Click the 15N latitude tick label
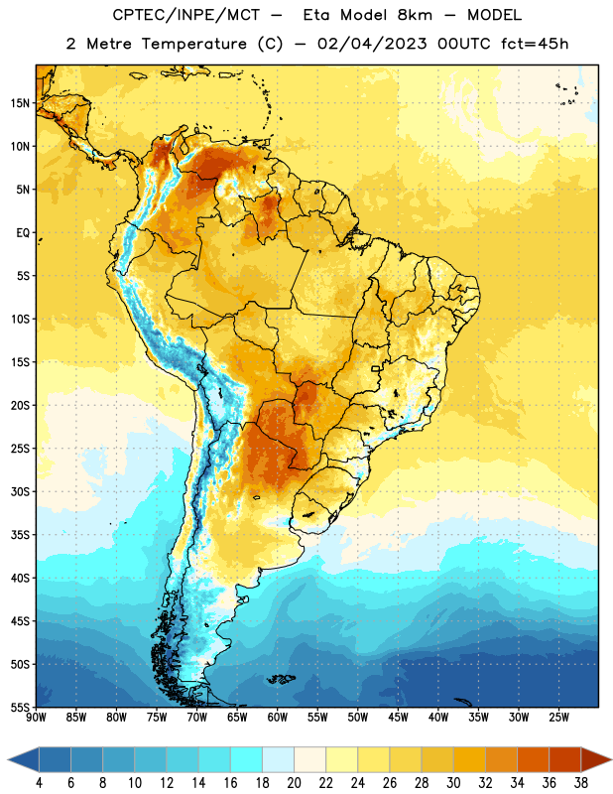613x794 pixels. [20, 103]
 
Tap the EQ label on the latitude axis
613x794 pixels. [23, 233]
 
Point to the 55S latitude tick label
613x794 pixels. [20, 707]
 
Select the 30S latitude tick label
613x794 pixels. [20, 491]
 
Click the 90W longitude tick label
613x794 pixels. [37, 717]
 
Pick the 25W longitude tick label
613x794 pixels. [558, 717]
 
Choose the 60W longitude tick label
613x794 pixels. [278, 717]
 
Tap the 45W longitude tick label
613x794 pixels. [398, 717]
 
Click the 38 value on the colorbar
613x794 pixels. [580, 783]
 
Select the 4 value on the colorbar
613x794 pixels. [39, 783]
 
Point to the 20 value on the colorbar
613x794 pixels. [294, 783]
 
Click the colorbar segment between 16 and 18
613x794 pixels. [246, 760]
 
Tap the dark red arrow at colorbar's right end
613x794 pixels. [595, 760]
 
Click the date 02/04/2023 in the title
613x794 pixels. [372, 44]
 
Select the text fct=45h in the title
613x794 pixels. [535, 44]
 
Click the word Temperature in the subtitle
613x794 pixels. [193, 44]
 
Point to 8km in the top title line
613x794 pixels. [415, 15]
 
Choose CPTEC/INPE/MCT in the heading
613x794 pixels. [185, 15]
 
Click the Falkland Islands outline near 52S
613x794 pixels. [281, 679]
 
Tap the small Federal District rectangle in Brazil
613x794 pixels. [376, 368]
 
